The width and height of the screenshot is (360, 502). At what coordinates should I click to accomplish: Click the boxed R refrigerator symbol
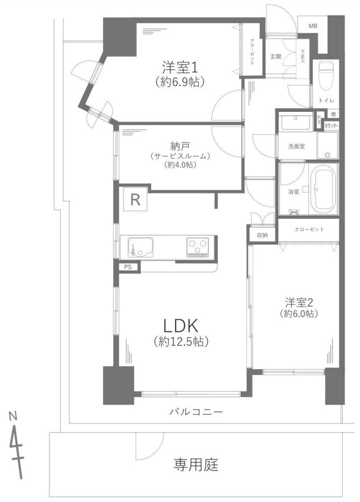[135, 200]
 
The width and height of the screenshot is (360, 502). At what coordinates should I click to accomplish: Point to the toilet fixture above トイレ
[326, 75]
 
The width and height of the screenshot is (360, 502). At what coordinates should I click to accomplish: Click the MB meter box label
[312, 25]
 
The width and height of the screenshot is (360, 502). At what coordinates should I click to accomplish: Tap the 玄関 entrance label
[276, 56]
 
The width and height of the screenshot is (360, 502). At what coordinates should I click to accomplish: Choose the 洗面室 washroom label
[296, 146]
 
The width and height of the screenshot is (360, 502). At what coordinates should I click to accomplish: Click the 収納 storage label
[262, 235]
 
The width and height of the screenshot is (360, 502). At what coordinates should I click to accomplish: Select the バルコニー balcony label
[196, 412]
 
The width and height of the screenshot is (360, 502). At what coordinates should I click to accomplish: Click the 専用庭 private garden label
[196, 464]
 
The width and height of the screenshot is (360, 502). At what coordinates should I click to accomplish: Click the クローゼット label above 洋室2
[309, 230]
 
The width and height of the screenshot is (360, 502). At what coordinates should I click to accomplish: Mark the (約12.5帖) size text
[181, 341]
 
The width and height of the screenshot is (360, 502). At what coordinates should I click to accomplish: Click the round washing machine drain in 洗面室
[327, 155]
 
